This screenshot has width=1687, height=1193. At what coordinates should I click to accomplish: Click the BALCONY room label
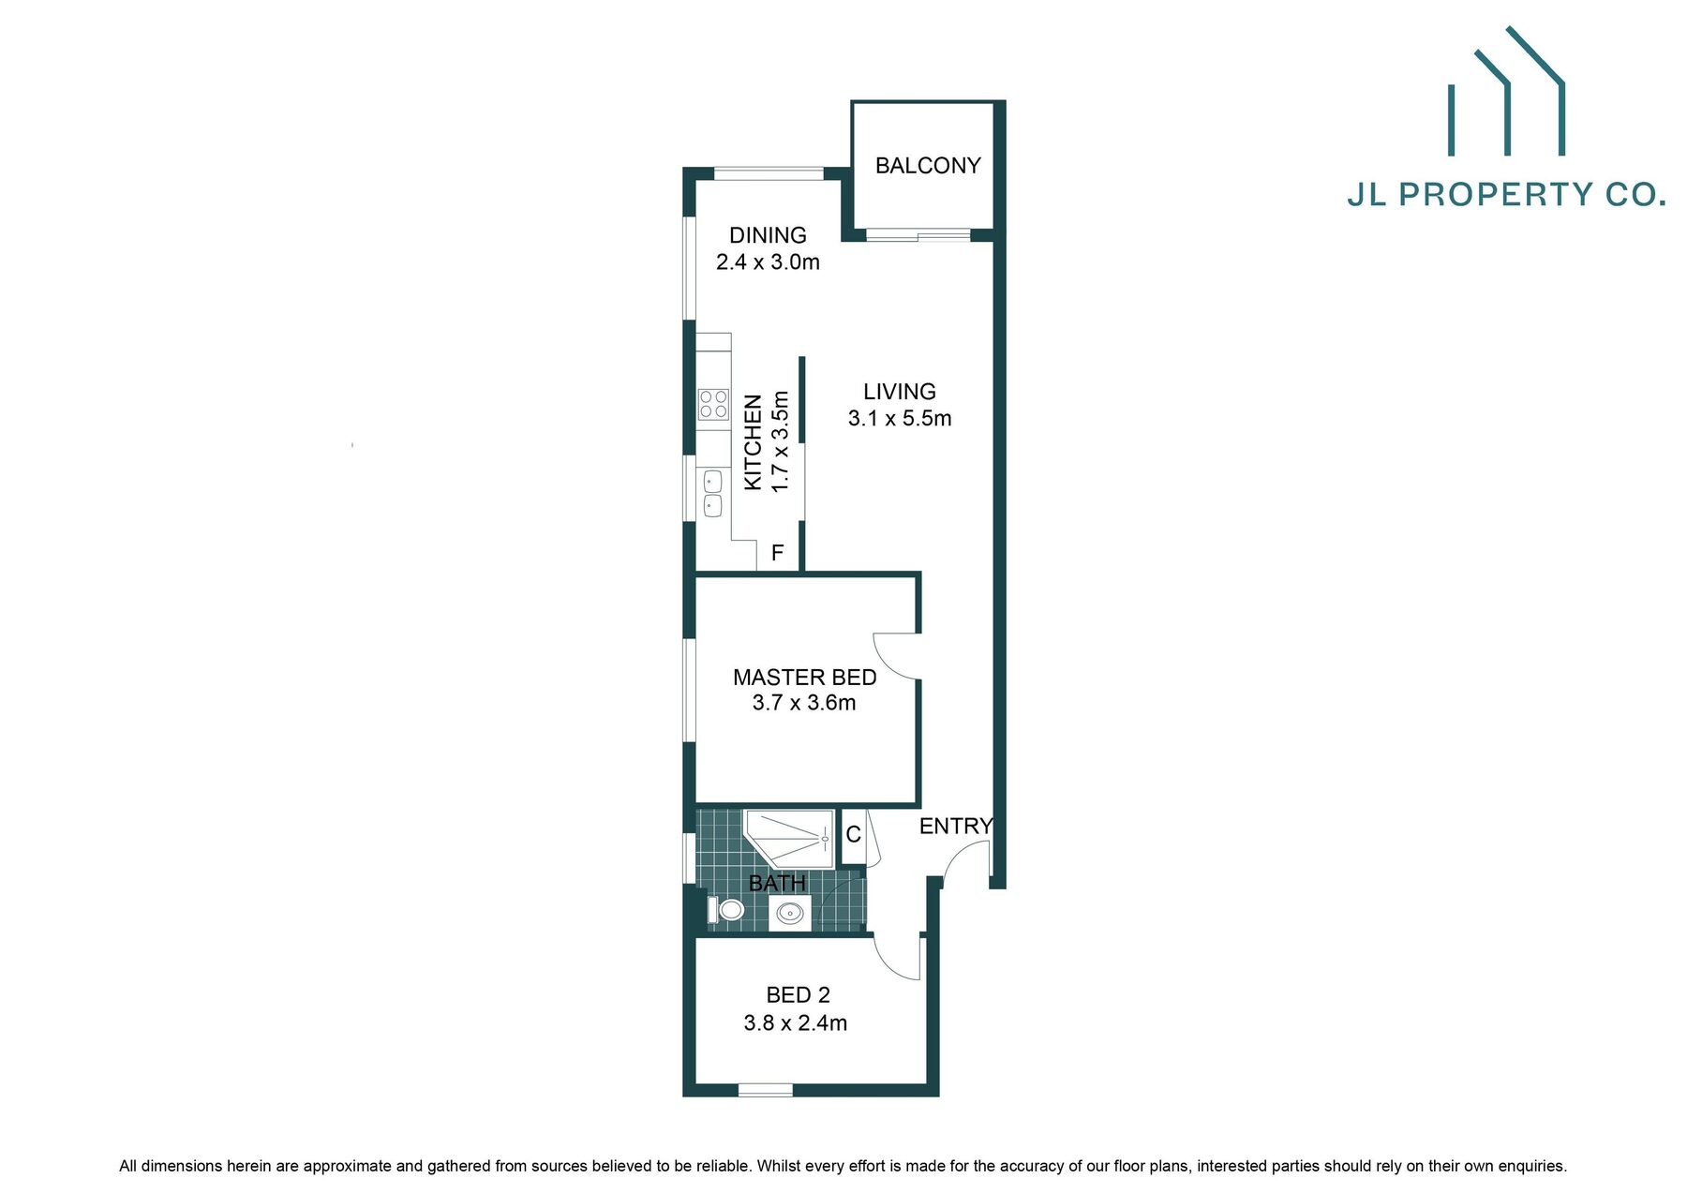point(928,166)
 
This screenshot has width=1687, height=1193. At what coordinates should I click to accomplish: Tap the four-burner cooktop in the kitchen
point(713,404)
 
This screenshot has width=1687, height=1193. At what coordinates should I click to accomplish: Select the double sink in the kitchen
point(712,494)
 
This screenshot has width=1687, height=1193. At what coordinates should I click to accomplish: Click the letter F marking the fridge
point(777,553)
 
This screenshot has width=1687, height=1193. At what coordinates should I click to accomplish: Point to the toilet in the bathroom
point(726,909)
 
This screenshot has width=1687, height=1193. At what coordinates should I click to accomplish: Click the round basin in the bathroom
point(790,912)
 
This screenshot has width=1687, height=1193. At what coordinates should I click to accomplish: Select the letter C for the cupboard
point(853,834)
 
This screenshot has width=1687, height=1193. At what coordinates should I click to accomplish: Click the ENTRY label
point(955,826)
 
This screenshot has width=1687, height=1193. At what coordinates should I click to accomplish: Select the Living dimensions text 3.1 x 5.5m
point(900,419)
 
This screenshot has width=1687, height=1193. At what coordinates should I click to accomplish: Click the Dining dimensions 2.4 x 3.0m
point(768,262)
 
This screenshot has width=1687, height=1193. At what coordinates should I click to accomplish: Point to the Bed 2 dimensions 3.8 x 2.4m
point(796,1023)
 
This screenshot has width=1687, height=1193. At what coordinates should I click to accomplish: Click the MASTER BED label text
point(805,677)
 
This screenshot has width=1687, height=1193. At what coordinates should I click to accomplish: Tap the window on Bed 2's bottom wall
point(766,1090)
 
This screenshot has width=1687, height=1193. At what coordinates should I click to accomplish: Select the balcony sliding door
point(918,234)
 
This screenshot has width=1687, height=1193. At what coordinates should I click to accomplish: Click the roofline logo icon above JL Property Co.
point(1507,91)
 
